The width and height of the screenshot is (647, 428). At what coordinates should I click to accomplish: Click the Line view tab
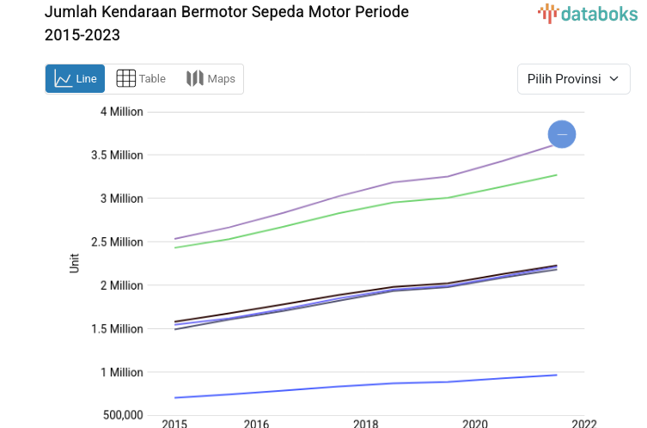tap(75, 79)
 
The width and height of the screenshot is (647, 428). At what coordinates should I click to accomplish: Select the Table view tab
tap(141, 79)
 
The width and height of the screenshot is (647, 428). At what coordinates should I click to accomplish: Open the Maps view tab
tap(211, 79)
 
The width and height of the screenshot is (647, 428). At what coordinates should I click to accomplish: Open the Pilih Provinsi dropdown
tap(573, 79)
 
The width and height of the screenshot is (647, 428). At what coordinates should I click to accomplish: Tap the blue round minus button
tap(562, 134)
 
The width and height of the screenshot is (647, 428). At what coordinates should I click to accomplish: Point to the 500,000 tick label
tap(120, 416)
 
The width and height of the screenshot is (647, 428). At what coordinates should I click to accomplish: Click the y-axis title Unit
tap(75, 263)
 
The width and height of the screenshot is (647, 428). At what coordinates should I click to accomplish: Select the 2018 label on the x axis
tap(366, 423)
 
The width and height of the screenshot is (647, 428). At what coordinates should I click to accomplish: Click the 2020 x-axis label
tap(475, 423)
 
